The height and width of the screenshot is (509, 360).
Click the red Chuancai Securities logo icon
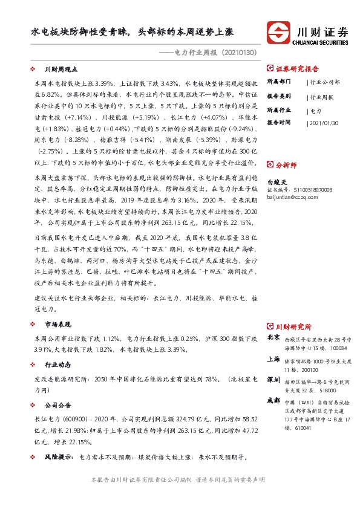279,34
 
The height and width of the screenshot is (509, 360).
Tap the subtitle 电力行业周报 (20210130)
205,53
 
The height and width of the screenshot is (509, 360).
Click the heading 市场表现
58,324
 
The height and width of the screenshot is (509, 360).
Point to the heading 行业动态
58,365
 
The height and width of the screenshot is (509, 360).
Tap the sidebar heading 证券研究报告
295,68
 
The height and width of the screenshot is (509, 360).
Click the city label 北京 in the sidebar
273,337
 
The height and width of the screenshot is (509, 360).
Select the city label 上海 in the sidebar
273,358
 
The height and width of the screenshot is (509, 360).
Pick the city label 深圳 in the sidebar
273,380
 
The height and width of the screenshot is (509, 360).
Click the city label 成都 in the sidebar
273,400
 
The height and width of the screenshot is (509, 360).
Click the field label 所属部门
279,80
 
